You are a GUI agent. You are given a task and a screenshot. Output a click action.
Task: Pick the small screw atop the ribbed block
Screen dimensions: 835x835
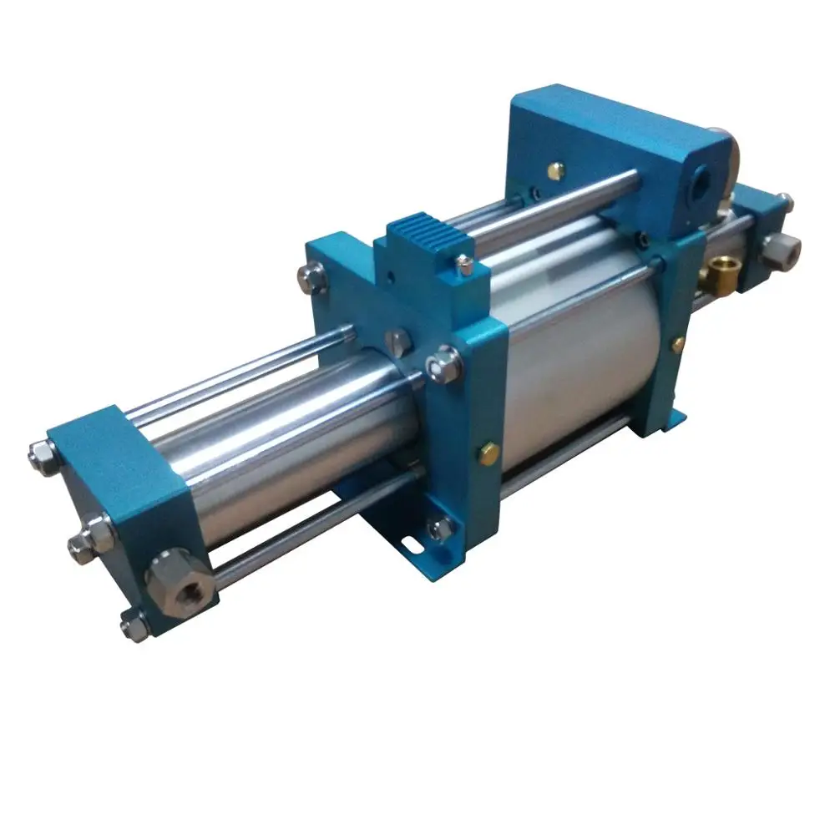465,265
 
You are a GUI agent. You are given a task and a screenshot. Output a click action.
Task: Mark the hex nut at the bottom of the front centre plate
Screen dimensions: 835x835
440,528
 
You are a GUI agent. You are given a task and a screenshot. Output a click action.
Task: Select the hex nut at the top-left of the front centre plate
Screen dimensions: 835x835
313,278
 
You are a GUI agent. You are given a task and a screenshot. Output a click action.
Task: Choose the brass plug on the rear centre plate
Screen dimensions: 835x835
678,343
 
